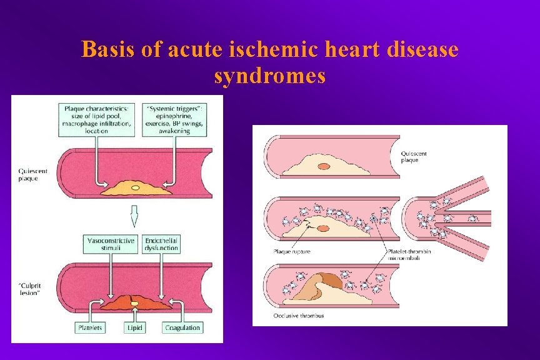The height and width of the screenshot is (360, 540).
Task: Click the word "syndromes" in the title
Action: coord(269,76)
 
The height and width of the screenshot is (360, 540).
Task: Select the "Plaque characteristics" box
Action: coord(97,119)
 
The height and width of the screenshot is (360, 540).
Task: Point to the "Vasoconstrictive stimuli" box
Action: coord(110,244)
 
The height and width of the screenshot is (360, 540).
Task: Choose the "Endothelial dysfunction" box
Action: coord(161,244)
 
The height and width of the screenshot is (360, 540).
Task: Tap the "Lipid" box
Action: coord(134,327)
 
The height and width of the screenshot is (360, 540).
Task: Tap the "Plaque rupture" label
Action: coord(291,252)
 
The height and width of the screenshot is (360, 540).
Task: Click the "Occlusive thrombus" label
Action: coord(298,316)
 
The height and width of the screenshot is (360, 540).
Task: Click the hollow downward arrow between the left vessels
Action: coord(134,216)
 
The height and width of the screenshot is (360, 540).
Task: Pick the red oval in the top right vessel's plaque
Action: coord(324,167)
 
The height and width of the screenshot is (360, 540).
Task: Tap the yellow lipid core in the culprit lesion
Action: coord(134,303)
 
